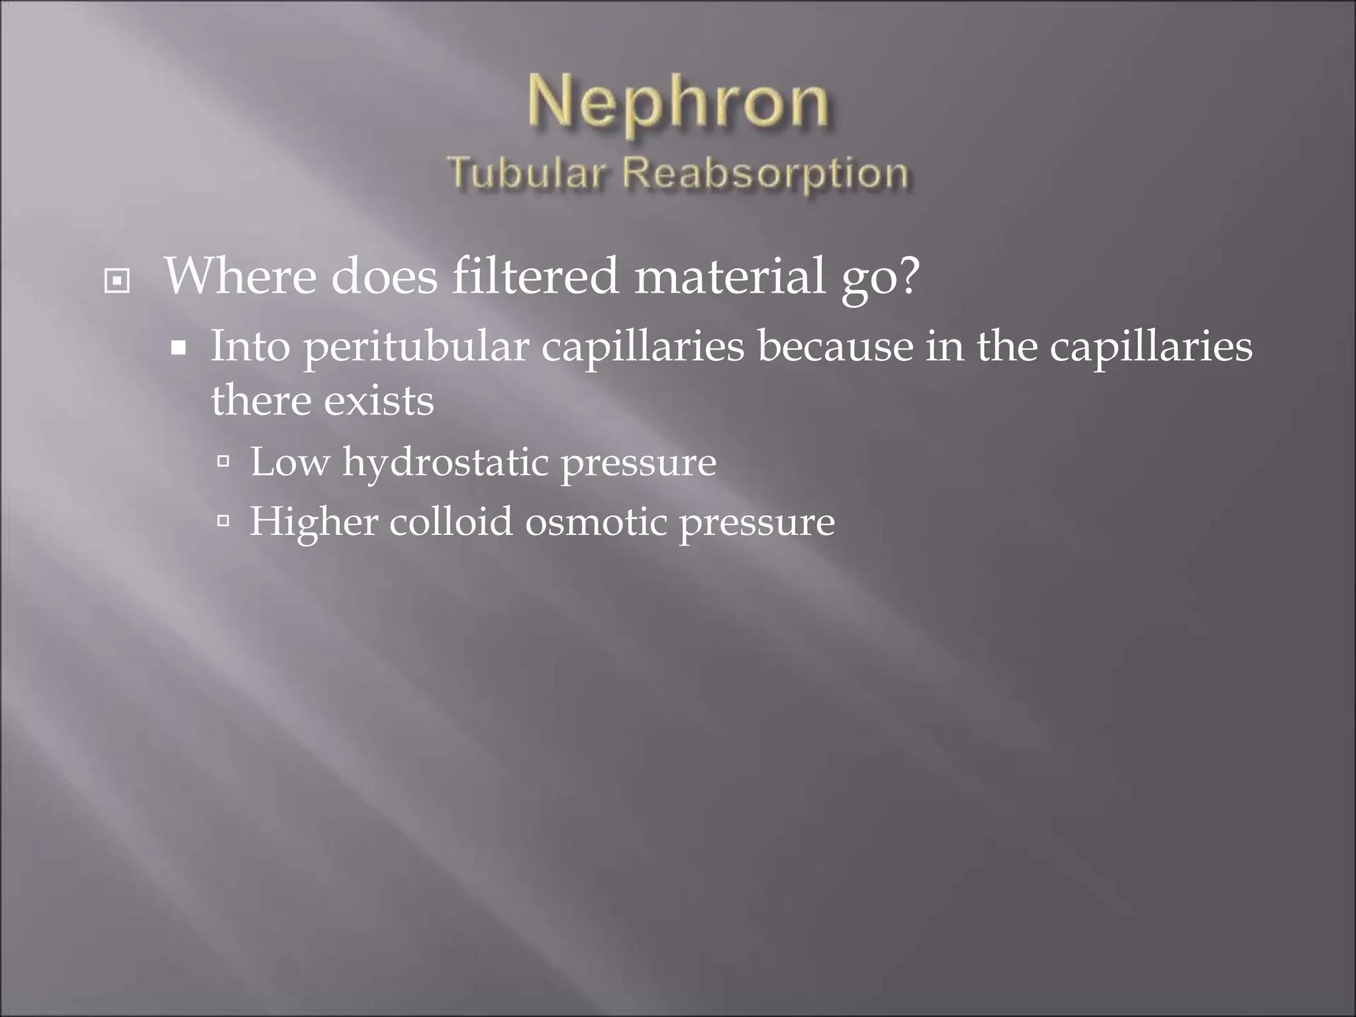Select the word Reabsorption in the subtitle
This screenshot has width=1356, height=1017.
pyautogui.click(x=765, y=174)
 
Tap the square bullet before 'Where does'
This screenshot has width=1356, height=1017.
pyautogui.click(x=117, y=281)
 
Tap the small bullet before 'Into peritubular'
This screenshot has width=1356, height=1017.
pyautogui.click(x=177, y=347)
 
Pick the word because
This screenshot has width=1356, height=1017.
pyautogui.click(x=835, y=346)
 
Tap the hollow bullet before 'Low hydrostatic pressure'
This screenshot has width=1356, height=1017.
pyautogui.click(x=223, y=461)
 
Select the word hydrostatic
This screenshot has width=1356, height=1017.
pyautogui.click(x=445, y=462)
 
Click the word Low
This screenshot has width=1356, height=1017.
pyautogui.click(x=289, y=461)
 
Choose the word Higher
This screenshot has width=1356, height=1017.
pyautogui.click(x=313, y=522)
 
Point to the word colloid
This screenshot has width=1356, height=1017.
pyautogui.click(x=451, y=522)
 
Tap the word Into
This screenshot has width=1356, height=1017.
pyautogui.click(x=250, y=346)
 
